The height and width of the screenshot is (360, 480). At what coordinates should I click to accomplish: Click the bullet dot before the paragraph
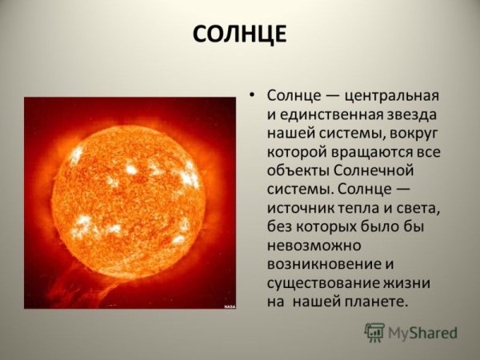tap(253, 95)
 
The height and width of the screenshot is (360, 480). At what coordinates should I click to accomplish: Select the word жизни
tap(409, 283)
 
